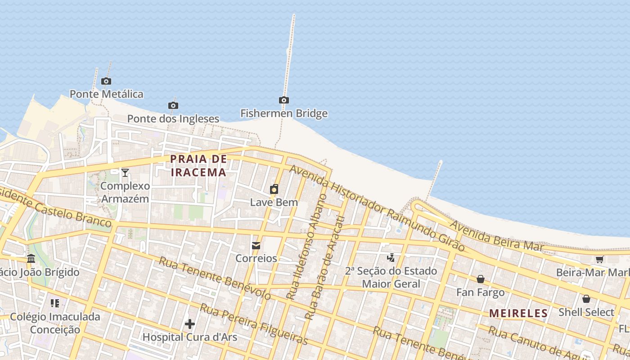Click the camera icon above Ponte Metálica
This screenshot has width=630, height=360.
pyautogui.click(x=106, y=81)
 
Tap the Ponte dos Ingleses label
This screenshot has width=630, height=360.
pyautogui.click(x=173, y=119)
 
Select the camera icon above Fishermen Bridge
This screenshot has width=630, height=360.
pyautogui.click(x=283, y=100)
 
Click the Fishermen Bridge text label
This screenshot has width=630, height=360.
pyautogui.click(x=283, y=113)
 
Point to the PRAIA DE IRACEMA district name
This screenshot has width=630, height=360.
pyautogui.click(x=198, y=166)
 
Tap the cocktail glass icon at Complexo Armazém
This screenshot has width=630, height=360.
pyautogui.click(x=125, y=172)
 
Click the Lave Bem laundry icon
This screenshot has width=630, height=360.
pyautogui.click(x=274, y=189)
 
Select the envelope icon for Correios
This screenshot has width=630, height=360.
pyautogui.click(x=256, y=246)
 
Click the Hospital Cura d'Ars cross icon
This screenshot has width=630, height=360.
pyautogui.click(x=190, y=324)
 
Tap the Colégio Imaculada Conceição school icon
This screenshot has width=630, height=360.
pyautogui.click(x=55, y=303)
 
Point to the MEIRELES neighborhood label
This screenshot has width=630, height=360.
pyautogui.click(x=518, y=313)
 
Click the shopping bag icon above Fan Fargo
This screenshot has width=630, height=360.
pyautogui.click(x=481, y=279)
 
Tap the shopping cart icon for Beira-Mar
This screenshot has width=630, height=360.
pyautogui.click(x=599, y=260)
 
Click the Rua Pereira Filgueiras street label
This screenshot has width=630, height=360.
pyautogui.click(x=254, y=324)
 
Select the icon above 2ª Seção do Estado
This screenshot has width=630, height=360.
pyautogui.click(x=391, y=258)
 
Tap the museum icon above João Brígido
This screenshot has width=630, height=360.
pyautogui.click(x=31, y=259)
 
